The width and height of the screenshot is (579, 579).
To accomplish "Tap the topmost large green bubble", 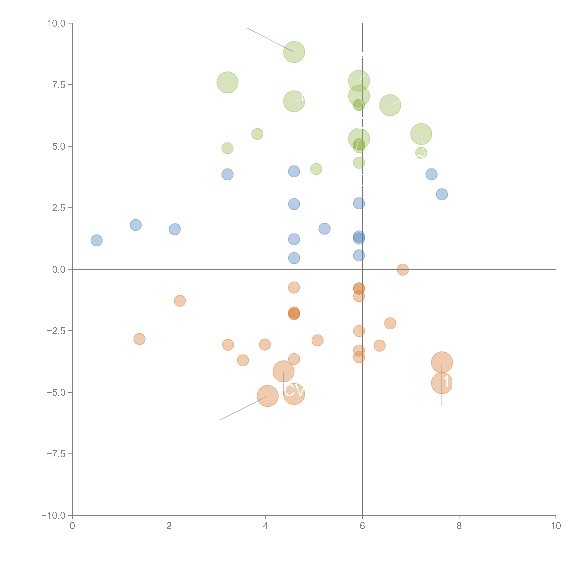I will coord(294,52).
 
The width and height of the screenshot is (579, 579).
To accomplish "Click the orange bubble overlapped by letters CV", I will coord(294,394).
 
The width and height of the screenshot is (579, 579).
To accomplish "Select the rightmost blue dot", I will coord(442,194).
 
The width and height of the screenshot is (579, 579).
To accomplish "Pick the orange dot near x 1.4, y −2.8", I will coord(139,339).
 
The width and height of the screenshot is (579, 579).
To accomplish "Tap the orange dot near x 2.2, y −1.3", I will coord(180,301).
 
